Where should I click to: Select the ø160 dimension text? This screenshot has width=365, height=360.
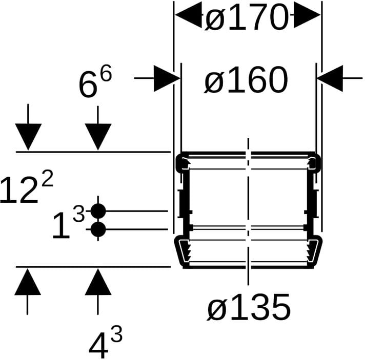246,79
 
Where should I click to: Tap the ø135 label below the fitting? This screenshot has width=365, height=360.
249,307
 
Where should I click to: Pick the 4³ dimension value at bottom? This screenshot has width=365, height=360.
105,342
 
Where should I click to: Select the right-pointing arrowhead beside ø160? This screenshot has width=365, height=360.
167,78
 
